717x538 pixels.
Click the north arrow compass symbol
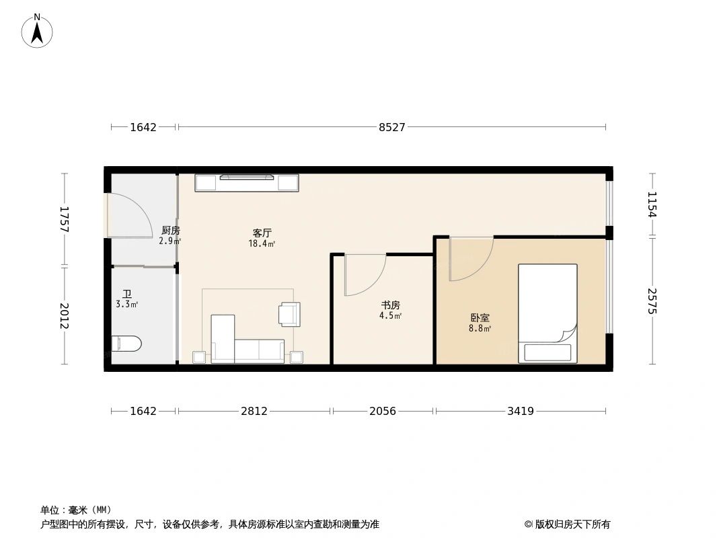37,31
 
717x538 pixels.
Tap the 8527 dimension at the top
391,127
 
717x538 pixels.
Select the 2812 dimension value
254,411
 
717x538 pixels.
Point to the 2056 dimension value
383,411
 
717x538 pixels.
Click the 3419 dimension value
520,411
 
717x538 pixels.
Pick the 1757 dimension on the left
65,219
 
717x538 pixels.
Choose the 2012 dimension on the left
65,316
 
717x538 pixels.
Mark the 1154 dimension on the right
651,204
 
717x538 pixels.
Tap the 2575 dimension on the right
651,301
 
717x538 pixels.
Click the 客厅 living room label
262,233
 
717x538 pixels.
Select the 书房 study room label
390,305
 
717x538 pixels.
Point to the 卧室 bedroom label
480,319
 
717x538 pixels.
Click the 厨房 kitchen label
170,231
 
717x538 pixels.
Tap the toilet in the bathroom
126,344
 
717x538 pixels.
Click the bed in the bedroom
547,309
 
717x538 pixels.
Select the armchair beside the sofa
290,314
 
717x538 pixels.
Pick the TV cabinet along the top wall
247,183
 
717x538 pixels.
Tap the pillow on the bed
548,352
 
